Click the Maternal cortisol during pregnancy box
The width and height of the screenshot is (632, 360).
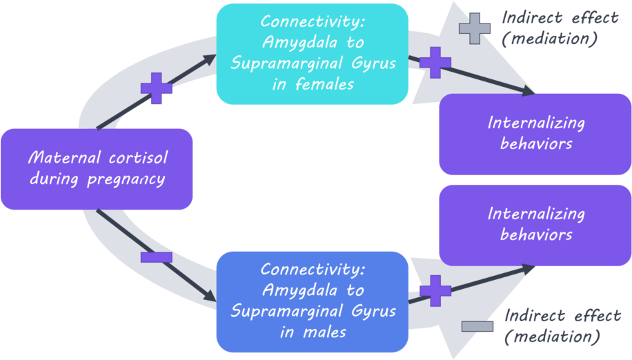pos(97,169)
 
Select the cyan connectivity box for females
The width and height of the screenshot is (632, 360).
pos(312,54)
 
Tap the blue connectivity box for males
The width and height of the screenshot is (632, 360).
pos(313,301)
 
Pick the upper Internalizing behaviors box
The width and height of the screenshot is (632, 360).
pos(535,133)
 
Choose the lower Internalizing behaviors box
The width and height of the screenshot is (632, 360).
pos(535,224)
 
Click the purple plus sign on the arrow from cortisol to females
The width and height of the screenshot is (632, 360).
pos(157,88)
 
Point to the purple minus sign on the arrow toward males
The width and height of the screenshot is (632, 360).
pos(157,257)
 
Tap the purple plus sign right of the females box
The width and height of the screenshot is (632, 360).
pos(435,63)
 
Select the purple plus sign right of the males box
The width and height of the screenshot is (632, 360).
pos(435,290)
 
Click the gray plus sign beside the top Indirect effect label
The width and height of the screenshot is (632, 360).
pos(475,28)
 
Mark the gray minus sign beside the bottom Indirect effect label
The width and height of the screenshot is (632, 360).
pos(477,326)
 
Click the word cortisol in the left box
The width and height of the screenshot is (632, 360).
pos(138,159)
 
